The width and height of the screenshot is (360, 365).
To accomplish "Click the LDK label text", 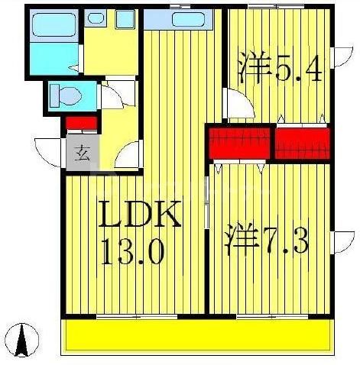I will click(x=140, y=217).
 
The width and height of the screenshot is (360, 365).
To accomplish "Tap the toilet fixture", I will click(x=64, y=97).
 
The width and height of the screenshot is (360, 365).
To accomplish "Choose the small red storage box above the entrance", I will click(x=81, y=122).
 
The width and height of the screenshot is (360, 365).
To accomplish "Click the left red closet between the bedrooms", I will click(x=239, y=143).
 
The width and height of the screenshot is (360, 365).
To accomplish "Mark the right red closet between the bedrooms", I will click(x=302, y=143).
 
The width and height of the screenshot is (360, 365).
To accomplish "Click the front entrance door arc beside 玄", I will click(x=50, y=150).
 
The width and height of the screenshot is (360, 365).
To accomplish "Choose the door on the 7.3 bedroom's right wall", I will click(x=337, y=243).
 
